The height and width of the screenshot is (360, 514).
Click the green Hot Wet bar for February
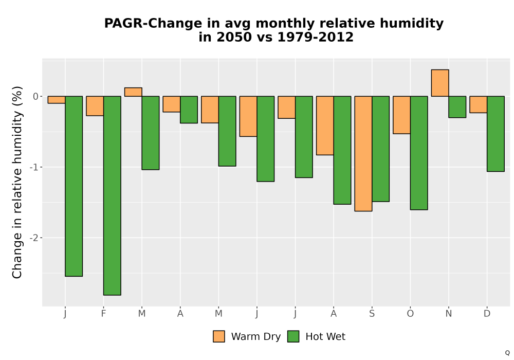pos(112,196)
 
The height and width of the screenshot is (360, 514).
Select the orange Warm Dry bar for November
pos(440,83)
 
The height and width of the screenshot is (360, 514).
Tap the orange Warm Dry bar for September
pos(363,154)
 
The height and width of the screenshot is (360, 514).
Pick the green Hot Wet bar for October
pos(419,153)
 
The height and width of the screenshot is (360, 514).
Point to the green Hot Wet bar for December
pos(495,134)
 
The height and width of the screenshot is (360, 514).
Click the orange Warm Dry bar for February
pos(95,106)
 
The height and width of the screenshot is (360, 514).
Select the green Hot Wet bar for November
pos(457,107)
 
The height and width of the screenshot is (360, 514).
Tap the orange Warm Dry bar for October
pos(401,115)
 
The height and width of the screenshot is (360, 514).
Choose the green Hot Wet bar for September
pos(380,149)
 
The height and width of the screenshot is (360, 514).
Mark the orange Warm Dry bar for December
pos(478,104)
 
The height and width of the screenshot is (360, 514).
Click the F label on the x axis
pos(104,314)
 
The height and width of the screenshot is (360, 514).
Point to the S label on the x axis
pos(372,314)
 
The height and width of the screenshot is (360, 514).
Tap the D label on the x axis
pos(487,314)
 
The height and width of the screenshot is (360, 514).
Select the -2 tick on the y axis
pos(34,238)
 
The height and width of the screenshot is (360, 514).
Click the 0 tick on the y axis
pos(36,96)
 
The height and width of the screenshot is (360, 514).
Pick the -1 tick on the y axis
pos(34,167)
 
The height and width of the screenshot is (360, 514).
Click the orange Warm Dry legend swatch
pos(219,336)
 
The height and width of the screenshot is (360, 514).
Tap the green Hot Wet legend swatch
pos(293,336)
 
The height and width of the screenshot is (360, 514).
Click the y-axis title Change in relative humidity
pos(17,182)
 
